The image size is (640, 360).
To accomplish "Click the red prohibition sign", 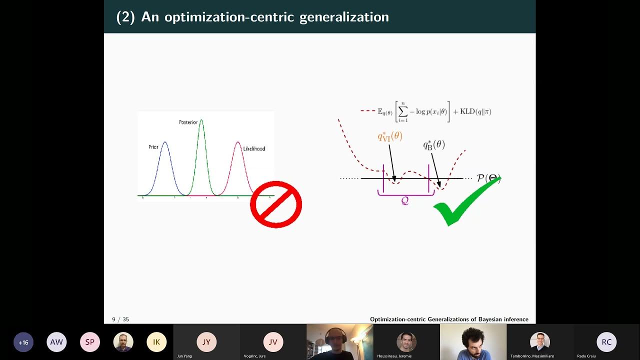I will tap(276, 204).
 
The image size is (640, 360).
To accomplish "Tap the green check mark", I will tap(462, 202).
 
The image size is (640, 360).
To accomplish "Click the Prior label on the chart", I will tap(153, 147).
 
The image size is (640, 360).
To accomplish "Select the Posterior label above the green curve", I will tap(188, 122).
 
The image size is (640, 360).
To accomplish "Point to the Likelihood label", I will tap(254, 148).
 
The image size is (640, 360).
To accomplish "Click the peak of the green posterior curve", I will tap(201, 120).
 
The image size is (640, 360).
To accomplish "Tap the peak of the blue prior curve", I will tap(165, 142).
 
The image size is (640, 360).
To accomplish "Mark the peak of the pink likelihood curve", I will tap(238, 142).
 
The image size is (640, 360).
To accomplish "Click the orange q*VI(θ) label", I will tap(390, 136).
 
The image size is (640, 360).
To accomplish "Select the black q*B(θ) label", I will tap(433, 145).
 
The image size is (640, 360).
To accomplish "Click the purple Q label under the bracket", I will tap(405, 201).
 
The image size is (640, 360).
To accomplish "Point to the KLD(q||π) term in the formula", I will tap(475, 111).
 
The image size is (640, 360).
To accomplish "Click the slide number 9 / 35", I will tap(120, 319).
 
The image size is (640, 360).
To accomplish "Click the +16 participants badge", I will tap(23, 342).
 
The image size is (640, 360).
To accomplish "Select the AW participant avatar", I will tap(56, 342).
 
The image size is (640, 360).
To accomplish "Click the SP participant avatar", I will tap(90, 342).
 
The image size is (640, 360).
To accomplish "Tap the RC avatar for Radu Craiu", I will tap(606, 342).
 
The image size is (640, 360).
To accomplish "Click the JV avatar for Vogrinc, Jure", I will tap(273, 342).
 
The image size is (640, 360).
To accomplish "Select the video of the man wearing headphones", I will tap(340, 342).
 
